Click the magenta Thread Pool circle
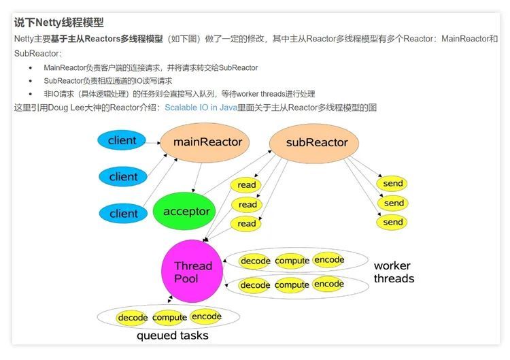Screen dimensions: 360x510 (x=192, y=272)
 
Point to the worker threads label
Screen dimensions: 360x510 (x=394, y=272)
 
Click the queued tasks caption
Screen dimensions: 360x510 (x=172, y=336)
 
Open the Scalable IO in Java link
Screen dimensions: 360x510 (x=201, y=107)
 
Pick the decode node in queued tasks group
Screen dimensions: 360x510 (x=133, y=318)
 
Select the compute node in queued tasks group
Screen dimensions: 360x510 (x=169, y=318)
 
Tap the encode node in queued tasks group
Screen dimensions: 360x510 (x=206, y=316)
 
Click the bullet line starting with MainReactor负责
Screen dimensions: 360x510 (x=150, y=67)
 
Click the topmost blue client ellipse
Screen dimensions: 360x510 (x=122, y=141)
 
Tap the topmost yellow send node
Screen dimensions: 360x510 (x=393, y=184)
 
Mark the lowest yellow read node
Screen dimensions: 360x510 (x=247, y=223)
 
